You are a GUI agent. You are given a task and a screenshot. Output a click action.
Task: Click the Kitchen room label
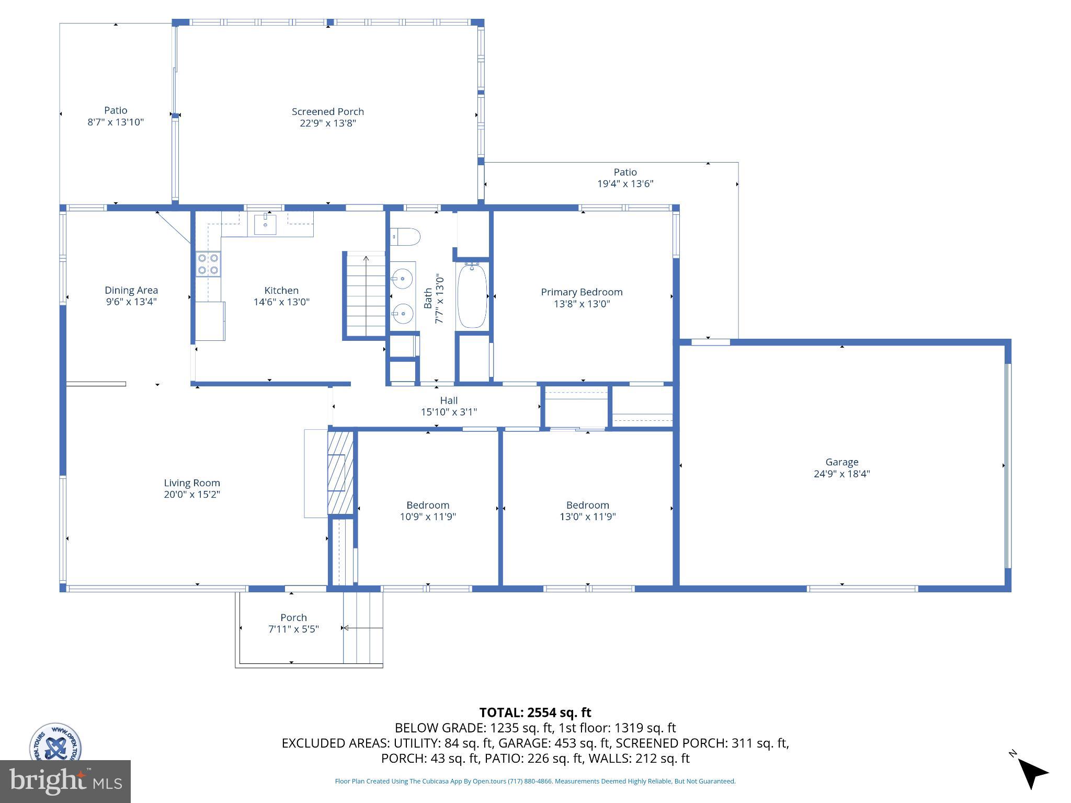pos(281,291)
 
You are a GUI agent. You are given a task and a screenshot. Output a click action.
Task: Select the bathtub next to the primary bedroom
pos(472,296)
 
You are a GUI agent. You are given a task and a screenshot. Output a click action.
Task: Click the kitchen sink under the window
pos(265,224)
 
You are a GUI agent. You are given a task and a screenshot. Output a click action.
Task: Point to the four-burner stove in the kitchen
pos(208,264)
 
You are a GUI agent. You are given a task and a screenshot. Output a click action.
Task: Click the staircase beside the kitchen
pos(366,295)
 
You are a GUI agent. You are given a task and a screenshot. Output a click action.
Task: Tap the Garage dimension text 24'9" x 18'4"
pos(841,474)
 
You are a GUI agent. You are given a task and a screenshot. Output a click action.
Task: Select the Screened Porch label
pos(327,111)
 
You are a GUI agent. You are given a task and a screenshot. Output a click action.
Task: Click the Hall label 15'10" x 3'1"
pos(449,406)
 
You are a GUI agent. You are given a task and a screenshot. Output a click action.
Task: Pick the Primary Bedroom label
pos(582,292)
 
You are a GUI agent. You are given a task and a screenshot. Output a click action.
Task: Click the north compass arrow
pos(1031,773)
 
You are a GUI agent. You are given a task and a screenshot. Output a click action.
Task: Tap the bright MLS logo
pos(65,781)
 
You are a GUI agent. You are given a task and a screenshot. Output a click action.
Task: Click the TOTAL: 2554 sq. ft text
pos(535,713)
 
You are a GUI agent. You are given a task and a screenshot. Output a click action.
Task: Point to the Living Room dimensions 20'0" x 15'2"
pos(192,495)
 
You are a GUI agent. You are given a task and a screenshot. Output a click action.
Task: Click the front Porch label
pos(293,617)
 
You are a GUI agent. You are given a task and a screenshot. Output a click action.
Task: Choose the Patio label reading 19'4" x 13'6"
pos(625,178)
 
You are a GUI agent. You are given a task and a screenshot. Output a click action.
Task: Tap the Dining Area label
pos(131,290)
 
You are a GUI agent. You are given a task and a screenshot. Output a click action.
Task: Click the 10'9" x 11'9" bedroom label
pos(428,511)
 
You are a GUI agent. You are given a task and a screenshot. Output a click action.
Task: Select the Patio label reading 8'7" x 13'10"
pos(116,116)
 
